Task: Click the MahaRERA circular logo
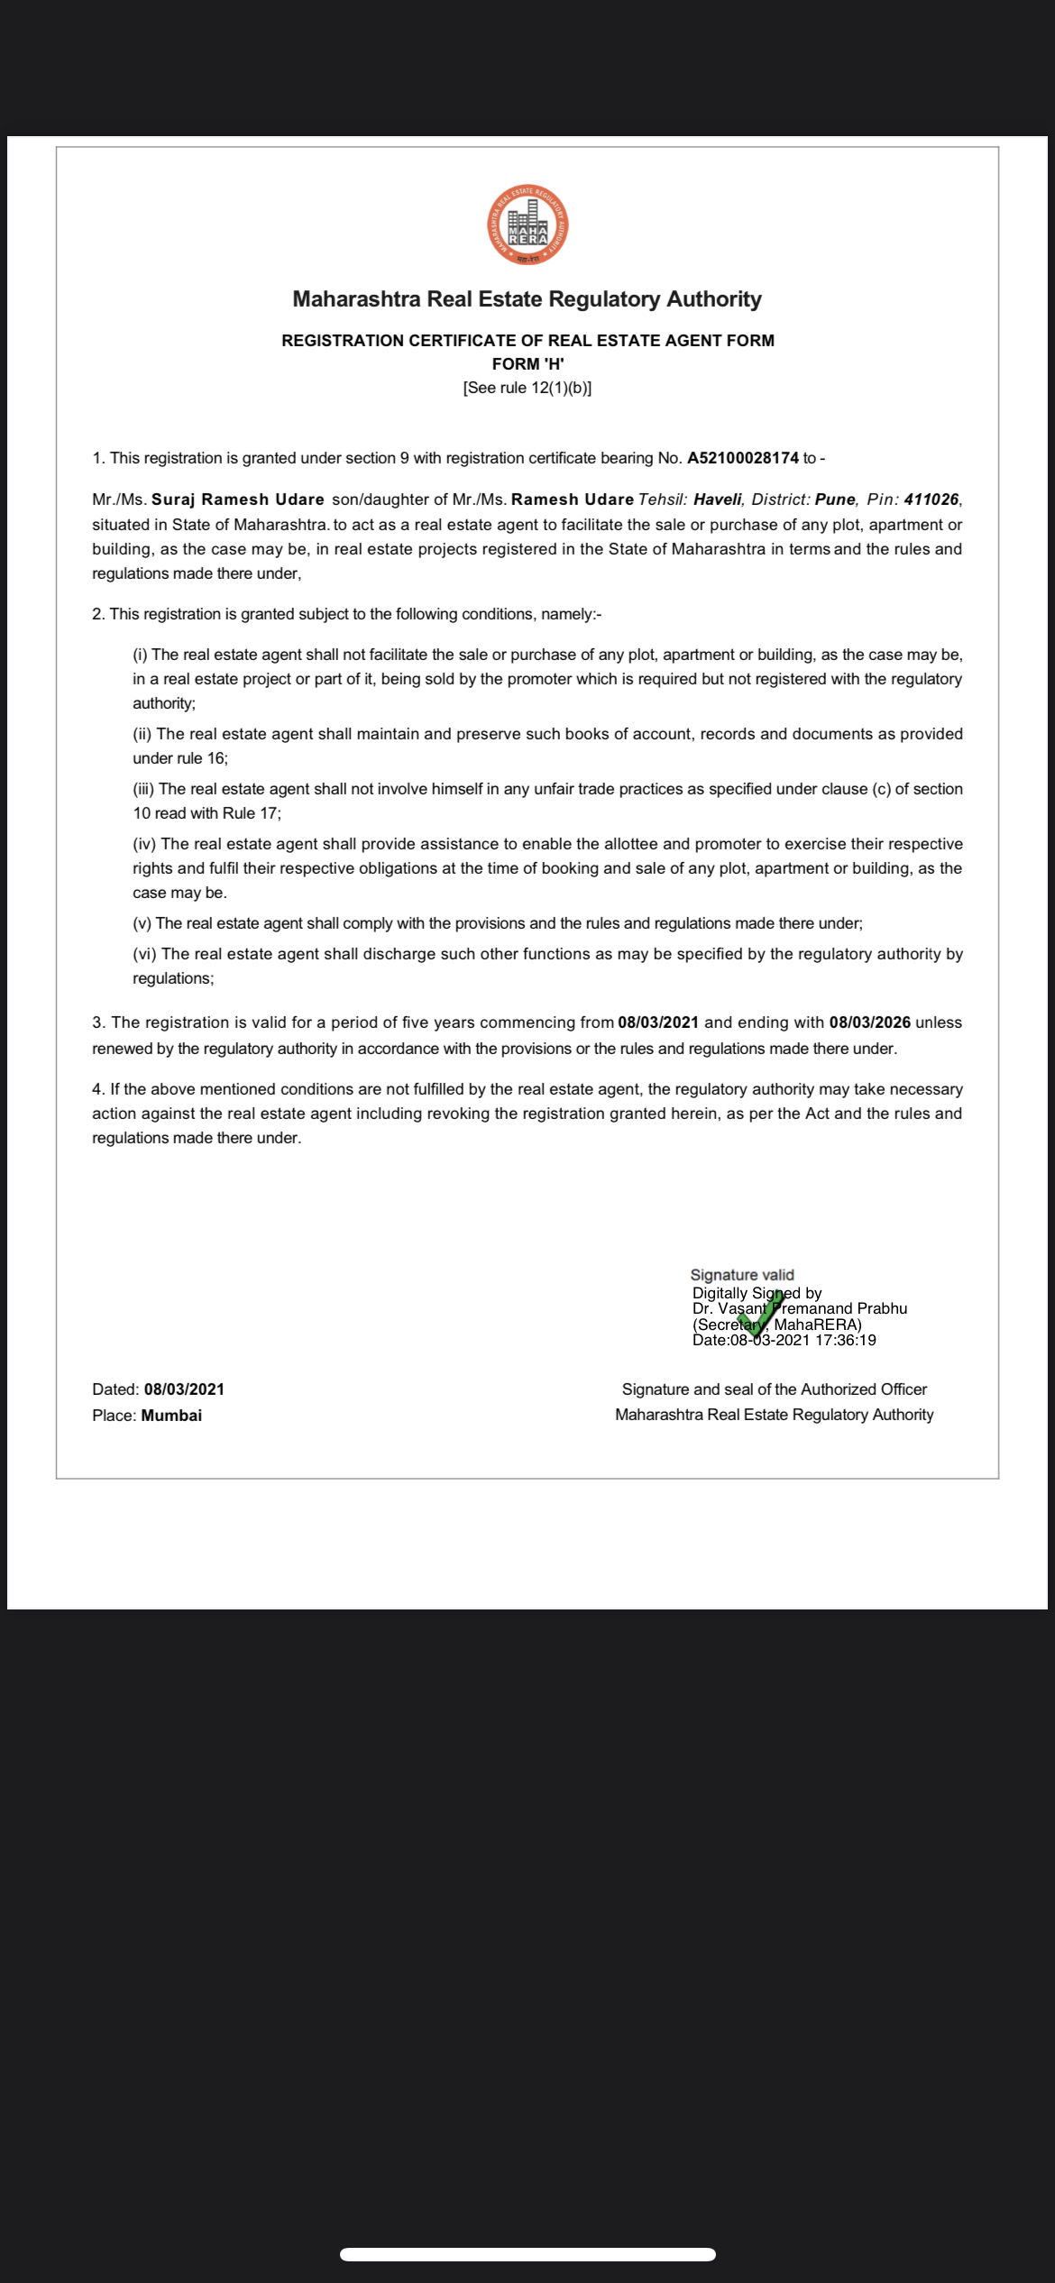(527, 225)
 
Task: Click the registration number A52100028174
(742, 458)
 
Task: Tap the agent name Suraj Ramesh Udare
(238, 500)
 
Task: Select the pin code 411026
(931, 500)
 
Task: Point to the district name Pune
(834, 500)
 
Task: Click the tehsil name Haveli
(718, 500)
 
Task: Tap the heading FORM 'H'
(527, 364)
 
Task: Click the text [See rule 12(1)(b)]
(527, 389)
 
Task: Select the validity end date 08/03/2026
(869, 1022)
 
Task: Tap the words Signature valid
(742, 1275)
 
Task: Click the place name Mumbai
(171, 1416)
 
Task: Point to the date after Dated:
(184, 1389)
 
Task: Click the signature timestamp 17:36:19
(845, 1341)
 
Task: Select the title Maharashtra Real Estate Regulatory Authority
(527, 299)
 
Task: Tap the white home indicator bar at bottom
(527, 2255)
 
